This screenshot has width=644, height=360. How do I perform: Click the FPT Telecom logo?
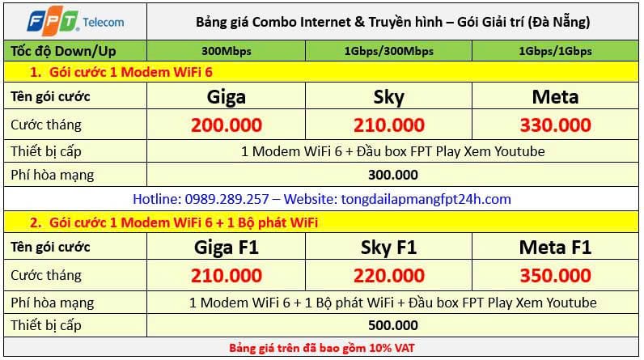(75, 20)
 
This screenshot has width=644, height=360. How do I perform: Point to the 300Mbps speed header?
(227, 51)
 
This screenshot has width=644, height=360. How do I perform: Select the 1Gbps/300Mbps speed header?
(388, 51)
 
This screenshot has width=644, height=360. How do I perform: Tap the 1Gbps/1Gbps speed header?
(555, 51)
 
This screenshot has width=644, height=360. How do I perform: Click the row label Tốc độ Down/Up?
(63, 51)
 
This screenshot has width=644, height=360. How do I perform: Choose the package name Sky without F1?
(388, 97)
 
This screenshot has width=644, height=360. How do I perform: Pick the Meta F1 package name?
(555, 248)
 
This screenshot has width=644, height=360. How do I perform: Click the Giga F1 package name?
(227, 248)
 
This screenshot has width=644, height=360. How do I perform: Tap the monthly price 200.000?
(227, 125)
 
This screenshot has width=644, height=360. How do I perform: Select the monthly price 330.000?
(555, 125)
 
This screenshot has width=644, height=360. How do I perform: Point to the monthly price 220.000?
(389, 275)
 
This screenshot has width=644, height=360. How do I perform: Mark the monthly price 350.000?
(555, 275)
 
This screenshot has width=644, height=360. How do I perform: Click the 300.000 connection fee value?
(393, 175)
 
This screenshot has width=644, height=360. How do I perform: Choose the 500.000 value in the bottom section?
(393, 325)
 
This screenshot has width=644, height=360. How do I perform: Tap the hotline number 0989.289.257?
(227, 199)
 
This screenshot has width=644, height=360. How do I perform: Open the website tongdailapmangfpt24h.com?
(426, 199)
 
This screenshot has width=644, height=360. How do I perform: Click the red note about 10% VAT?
(321, 348)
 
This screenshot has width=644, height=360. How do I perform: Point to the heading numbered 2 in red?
(174, 222)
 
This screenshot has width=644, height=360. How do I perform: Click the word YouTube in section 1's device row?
(519, 151)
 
